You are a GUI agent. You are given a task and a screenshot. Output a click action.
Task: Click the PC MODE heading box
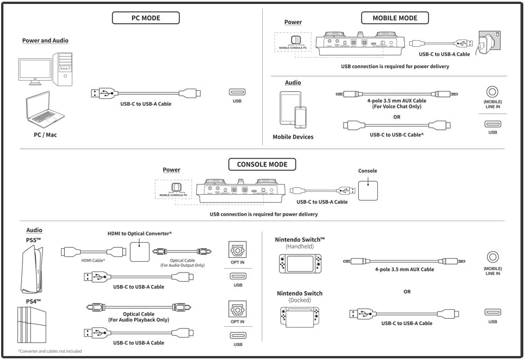[x=146, y=18]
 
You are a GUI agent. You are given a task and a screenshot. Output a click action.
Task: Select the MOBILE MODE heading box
[x=395, y=18]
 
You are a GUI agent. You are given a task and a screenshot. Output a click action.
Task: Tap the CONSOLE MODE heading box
[x=262, y=165]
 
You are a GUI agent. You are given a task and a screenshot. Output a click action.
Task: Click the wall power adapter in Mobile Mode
[x=486, y=43]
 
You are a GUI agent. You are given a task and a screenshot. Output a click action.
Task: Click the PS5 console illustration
[x=31, y=268]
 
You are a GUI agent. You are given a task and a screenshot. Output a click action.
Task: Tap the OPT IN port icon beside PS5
[x=237, y=250]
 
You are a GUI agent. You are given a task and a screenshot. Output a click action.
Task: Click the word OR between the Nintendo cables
[x=407, y=292]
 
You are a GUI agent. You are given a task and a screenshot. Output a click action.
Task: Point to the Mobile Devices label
[x=293, y=137]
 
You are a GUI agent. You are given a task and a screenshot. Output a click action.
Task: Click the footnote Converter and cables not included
[x=50, y=352]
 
